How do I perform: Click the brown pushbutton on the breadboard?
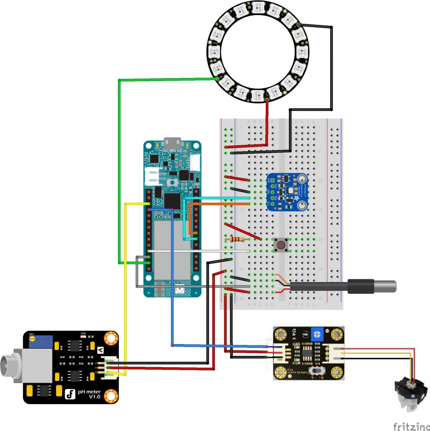pyautogui.click(x=279, y=245)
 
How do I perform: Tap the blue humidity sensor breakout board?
pyautogui.click(x=287, y=192)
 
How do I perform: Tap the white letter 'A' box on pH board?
pyautogui.click(x=100, y=350)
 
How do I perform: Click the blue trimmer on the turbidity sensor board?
pyautogui.click(x=317, y=334)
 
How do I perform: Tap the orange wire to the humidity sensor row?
pyautogui.click(x=218, y=204)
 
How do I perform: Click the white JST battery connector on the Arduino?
pyautogui.click(x=151, y=177)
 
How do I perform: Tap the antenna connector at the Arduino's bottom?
pyautogui.click(x=180, y=290)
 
